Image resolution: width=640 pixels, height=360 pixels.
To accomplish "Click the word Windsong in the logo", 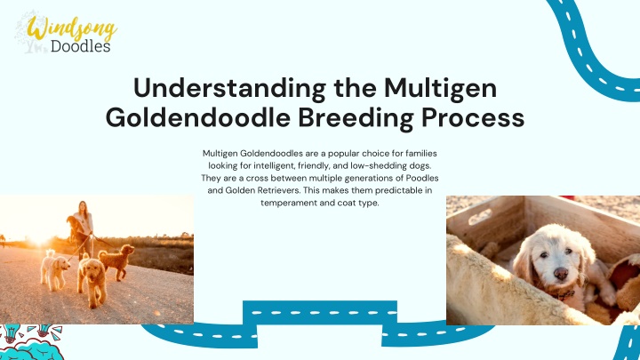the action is (x=72, y=28).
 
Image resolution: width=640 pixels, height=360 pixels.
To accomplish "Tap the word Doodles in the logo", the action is (x=80, y=45).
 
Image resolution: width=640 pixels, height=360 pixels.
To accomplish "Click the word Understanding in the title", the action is (x=229, y=88).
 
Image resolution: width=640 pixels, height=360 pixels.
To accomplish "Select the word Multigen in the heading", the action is (x=440, y=88).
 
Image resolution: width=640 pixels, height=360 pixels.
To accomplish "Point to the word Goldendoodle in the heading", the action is (x=198, y=117).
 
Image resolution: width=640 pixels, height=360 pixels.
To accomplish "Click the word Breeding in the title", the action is (x=356, y=118).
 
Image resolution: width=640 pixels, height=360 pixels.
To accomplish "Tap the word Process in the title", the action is (x=473, y=118).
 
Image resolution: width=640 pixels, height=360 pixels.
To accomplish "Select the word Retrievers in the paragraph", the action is (x=279, y=190).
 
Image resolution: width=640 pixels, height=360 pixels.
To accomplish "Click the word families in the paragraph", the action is (x=421, y=154).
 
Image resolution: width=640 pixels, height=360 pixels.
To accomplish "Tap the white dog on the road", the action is (x=54, y=269).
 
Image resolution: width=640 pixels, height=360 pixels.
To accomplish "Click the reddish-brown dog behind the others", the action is (x=116, y=262).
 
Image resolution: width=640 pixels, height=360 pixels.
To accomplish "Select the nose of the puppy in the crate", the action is (x=560, y=273).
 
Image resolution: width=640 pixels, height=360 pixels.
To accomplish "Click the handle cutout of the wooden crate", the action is (x=480, y=216).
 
